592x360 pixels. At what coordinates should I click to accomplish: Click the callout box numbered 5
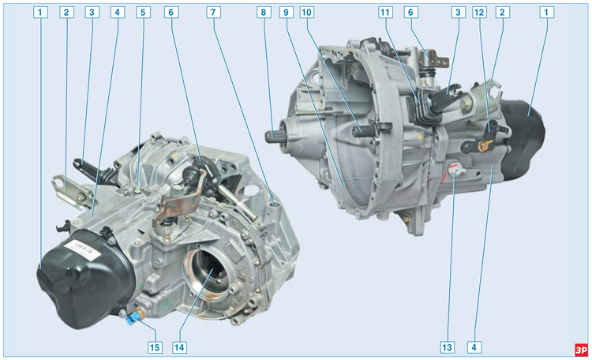(x=143, y=13)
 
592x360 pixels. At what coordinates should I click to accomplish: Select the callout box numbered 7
(x=213, y=13)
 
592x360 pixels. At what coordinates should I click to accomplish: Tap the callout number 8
(x=263, y=13)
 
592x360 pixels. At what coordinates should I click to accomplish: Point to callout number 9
(x=286, y=13)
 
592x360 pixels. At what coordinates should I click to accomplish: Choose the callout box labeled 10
(x=306, y=13)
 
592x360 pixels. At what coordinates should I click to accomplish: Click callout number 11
(x=384, y=13)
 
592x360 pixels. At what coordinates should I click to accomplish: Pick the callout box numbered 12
(x=479, y=13)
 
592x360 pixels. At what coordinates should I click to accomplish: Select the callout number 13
(x=447, y=347)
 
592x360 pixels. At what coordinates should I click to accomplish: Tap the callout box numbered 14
(x=179, y=347)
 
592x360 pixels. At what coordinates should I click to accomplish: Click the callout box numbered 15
(x=155, y=347)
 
